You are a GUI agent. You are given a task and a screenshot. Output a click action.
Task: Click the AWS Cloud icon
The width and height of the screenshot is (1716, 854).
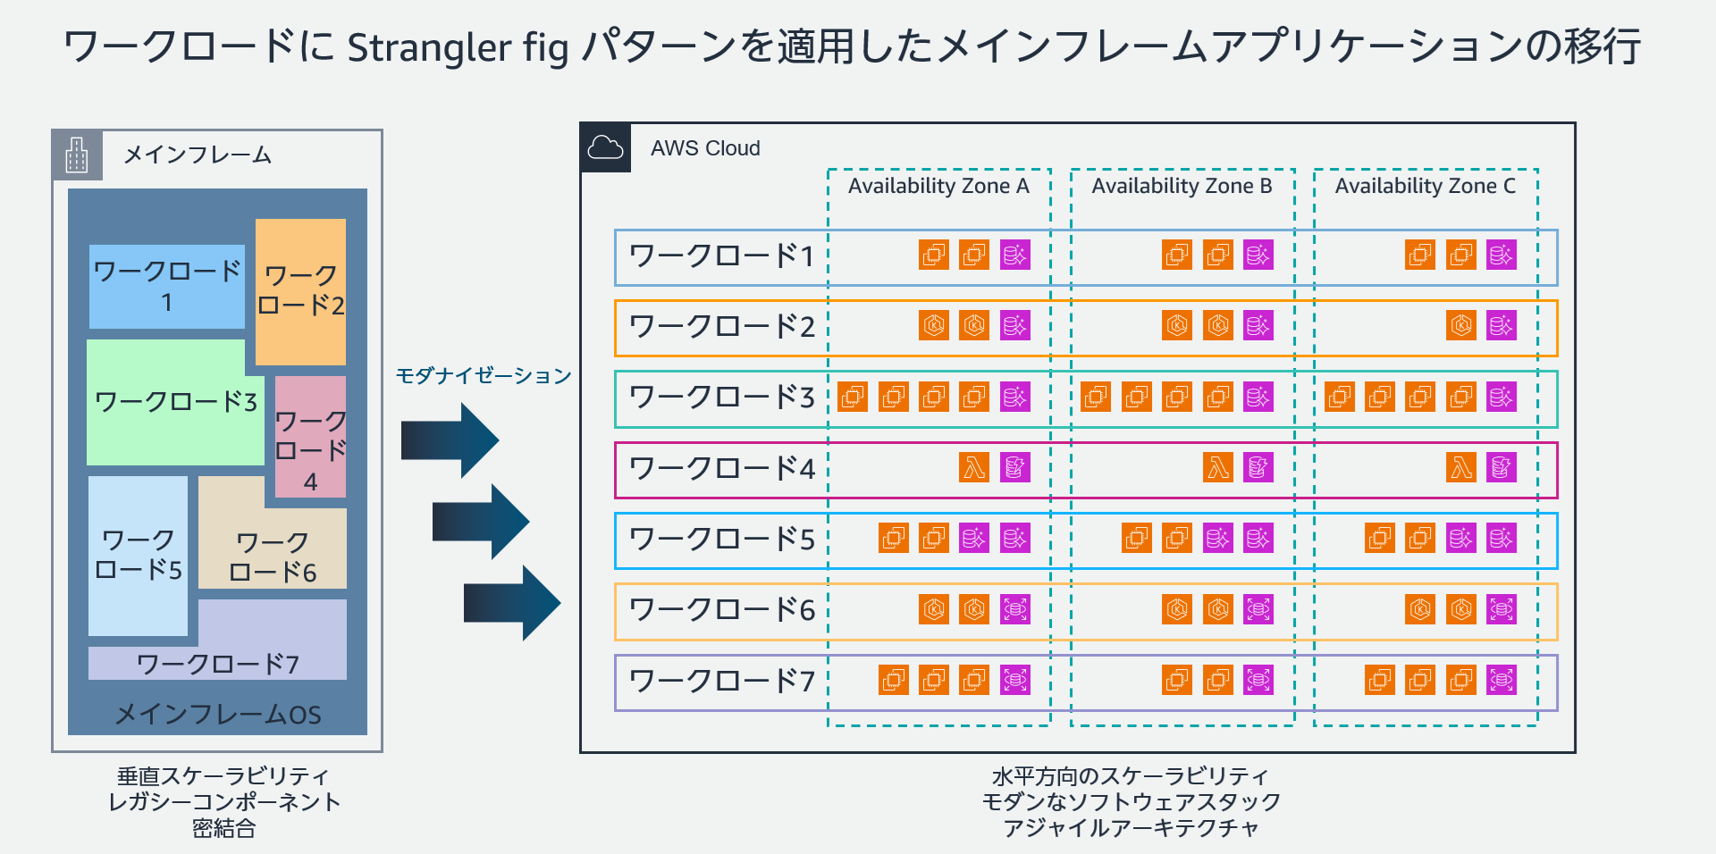pos(605,147)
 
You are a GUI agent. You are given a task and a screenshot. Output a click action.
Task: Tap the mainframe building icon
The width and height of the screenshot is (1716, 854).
pos(77,155)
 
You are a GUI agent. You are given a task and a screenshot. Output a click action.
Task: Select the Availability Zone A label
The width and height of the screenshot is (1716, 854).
pos(938,186)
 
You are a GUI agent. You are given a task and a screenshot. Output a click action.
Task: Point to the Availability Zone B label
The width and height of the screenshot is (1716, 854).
pos(1182,186)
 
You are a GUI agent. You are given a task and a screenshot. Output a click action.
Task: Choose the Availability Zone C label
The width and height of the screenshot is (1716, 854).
pos(1425,186)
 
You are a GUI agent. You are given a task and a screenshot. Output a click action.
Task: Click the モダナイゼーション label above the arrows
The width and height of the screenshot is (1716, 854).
pos(483,375)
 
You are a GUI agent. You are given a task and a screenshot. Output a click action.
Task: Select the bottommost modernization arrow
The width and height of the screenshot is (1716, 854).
pos(511,603)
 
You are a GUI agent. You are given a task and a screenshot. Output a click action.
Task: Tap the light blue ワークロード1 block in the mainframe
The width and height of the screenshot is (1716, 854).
pos(167,286)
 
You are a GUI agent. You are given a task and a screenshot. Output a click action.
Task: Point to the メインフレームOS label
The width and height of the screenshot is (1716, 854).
pos(218,714)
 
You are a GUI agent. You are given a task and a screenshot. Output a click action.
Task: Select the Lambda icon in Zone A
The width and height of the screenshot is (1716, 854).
pos(974,467)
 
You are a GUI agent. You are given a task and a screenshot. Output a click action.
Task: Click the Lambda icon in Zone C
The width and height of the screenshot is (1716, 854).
pos(1461,467)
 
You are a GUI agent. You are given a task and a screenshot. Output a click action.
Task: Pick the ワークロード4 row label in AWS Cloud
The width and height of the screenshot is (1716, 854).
pos(722,469)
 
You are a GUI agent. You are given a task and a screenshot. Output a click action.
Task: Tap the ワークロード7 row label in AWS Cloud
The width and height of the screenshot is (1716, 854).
pos(722,682)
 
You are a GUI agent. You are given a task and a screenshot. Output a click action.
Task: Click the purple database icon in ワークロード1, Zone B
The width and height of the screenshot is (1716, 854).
pos(1258,255)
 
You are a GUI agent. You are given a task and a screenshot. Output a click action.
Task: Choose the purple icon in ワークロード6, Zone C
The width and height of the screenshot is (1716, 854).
pos(1501,609)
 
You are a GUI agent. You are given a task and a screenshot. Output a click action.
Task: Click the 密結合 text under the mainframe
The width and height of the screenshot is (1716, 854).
pos(223,828)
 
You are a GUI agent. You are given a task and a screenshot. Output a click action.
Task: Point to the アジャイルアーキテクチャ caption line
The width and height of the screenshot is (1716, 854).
pos(1131,828)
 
